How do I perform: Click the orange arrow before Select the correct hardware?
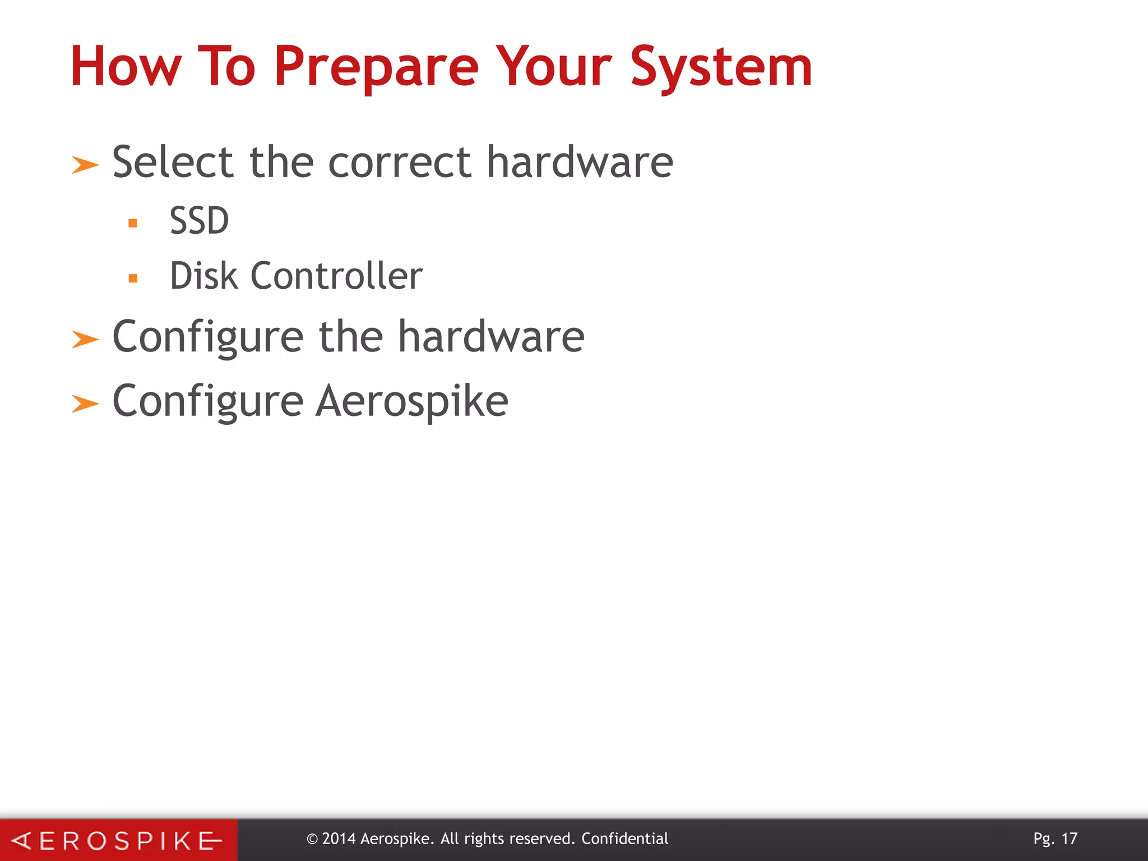[85, 165]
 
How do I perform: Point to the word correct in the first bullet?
[400, 163]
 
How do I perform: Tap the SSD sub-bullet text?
[199, 220]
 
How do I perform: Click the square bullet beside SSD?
[133, 223]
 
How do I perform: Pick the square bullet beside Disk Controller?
[133, 278]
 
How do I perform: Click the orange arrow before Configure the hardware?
[85, 340]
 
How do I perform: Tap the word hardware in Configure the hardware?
[491, 337]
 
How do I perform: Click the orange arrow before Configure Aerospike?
[85, 404]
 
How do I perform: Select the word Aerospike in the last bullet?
[412, 401]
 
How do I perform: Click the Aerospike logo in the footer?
[118, 840]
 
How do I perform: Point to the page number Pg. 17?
[1055, 839]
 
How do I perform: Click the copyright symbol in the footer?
[312, 839]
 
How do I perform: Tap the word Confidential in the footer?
[624, 839]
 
